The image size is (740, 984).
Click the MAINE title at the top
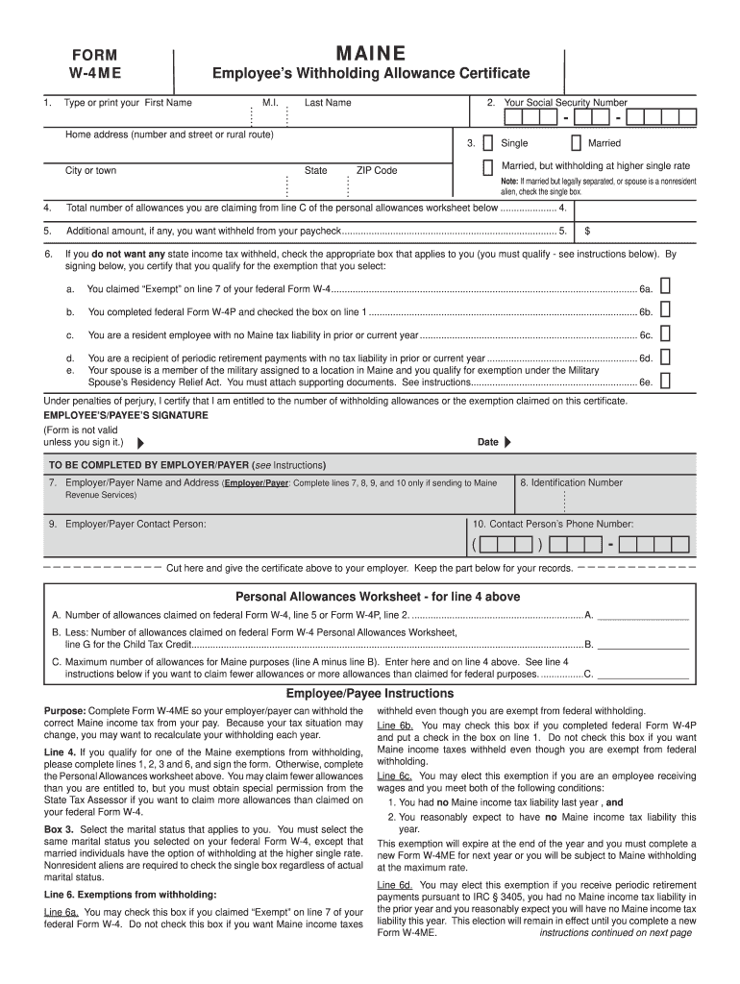pos(369,54)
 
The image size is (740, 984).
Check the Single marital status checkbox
pos(488,143)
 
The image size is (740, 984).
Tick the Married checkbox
pos(575,143)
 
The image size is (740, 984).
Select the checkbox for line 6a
pos(665,286)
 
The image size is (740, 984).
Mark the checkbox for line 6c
pos(665,333)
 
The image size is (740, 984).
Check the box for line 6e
pos(665,381)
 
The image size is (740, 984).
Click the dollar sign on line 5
pos(587,232)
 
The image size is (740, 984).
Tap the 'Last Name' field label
pos(328,103)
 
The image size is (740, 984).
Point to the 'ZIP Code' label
pos(377,170)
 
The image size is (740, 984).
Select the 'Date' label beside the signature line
pos(488,442)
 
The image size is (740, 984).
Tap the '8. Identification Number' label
pos(571,482)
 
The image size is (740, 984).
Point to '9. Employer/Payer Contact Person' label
pos(127,524)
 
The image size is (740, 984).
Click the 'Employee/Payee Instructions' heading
pos(370,694)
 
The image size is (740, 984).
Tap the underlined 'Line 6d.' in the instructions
pos(394,884)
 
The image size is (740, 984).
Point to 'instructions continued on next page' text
pos(615,932)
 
